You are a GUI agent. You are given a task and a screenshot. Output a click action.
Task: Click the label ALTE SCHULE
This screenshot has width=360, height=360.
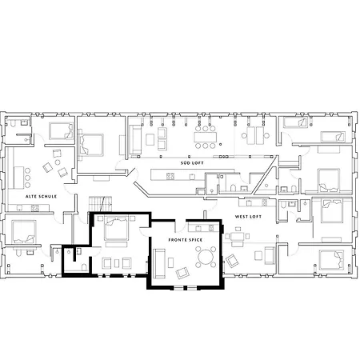(41, 197)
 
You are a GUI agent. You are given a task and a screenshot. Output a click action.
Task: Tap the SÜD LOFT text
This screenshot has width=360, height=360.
(192, 163)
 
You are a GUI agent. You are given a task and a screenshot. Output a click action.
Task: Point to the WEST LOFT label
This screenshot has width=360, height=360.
(248, 217)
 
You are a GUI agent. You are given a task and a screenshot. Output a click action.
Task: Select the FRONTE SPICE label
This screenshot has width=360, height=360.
(186, 240)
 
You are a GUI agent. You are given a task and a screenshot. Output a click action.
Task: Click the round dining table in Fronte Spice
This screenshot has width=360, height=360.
(206, 258)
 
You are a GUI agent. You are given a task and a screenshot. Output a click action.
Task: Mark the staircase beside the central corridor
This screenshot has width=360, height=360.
(100, 204)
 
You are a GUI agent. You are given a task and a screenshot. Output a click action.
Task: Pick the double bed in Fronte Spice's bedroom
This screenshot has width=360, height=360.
(116, 228)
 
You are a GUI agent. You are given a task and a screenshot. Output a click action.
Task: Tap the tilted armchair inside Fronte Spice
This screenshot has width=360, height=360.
(182, 273)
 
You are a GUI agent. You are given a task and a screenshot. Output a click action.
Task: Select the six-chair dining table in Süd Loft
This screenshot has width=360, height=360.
(205, 137)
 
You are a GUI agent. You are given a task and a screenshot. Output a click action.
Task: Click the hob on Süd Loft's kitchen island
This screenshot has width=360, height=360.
(170, 176)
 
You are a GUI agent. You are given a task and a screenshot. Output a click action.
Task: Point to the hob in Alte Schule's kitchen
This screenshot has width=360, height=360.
(34, 208)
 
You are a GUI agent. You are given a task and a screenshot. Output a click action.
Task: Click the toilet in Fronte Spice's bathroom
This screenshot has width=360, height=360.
(84, 267)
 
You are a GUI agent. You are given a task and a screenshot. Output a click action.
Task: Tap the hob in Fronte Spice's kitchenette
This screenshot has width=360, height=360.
(211, 228)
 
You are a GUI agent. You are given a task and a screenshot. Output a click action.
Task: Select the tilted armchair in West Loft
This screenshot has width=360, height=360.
(232, 261)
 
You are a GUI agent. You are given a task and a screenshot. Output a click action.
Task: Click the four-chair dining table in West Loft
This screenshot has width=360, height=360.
(237, 236)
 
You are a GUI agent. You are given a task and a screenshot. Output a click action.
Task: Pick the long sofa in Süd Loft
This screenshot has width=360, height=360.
(135, 139)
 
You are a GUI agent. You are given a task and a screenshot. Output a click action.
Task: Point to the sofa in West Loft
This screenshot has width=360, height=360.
(270, 255)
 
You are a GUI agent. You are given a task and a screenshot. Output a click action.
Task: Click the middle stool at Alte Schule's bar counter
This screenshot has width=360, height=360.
(27, 178)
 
